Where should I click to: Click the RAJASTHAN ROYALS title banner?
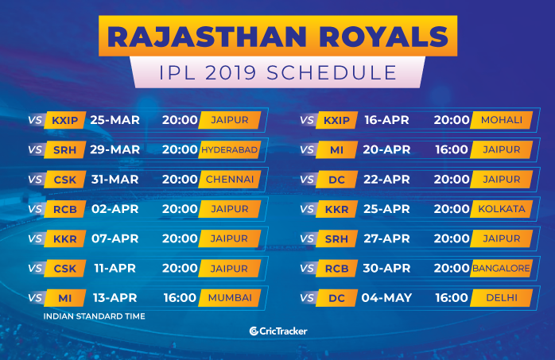coord(277,36)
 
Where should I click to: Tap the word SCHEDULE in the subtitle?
coord(332,73)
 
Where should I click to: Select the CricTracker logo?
coord(278,331)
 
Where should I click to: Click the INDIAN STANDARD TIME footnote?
coord(94,316)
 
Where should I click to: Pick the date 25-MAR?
coord(114,120)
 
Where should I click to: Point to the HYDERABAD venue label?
coord(229,149)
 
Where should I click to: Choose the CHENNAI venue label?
coord(229,180)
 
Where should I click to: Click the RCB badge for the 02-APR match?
coord(64,209)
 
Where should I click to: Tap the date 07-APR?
coord(114,238)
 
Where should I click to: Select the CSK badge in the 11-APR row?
coord(64,269)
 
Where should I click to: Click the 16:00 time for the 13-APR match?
coord(180,298)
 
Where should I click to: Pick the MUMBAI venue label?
coord(229,298)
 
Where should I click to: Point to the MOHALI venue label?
coord(501,120)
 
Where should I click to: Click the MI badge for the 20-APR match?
coord(336,149)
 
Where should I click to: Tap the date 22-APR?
coord(386,180)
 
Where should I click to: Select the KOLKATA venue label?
coord(501,209)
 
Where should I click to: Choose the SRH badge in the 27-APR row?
coord(336,238)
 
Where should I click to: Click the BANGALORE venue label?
coord(501,269)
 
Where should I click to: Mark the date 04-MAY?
coord(386,298)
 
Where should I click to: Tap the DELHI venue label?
coord(501,298)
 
